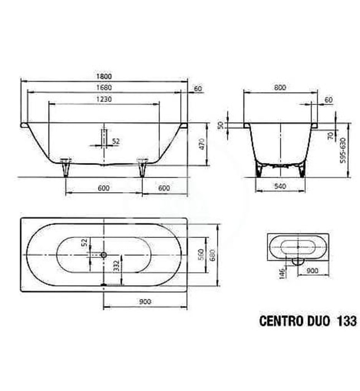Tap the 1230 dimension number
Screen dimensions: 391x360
coord(104,99)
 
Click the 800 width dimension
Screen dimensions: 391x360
coord(280,87)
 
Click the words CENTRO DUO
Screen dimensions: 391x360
coord(294,321)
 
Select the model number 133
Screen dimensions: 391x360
coord(345,321)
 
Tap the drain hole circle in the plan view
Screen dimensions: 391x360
coord(103,255)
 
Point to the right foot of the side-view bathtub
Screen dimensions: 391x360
coord(141,166)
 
